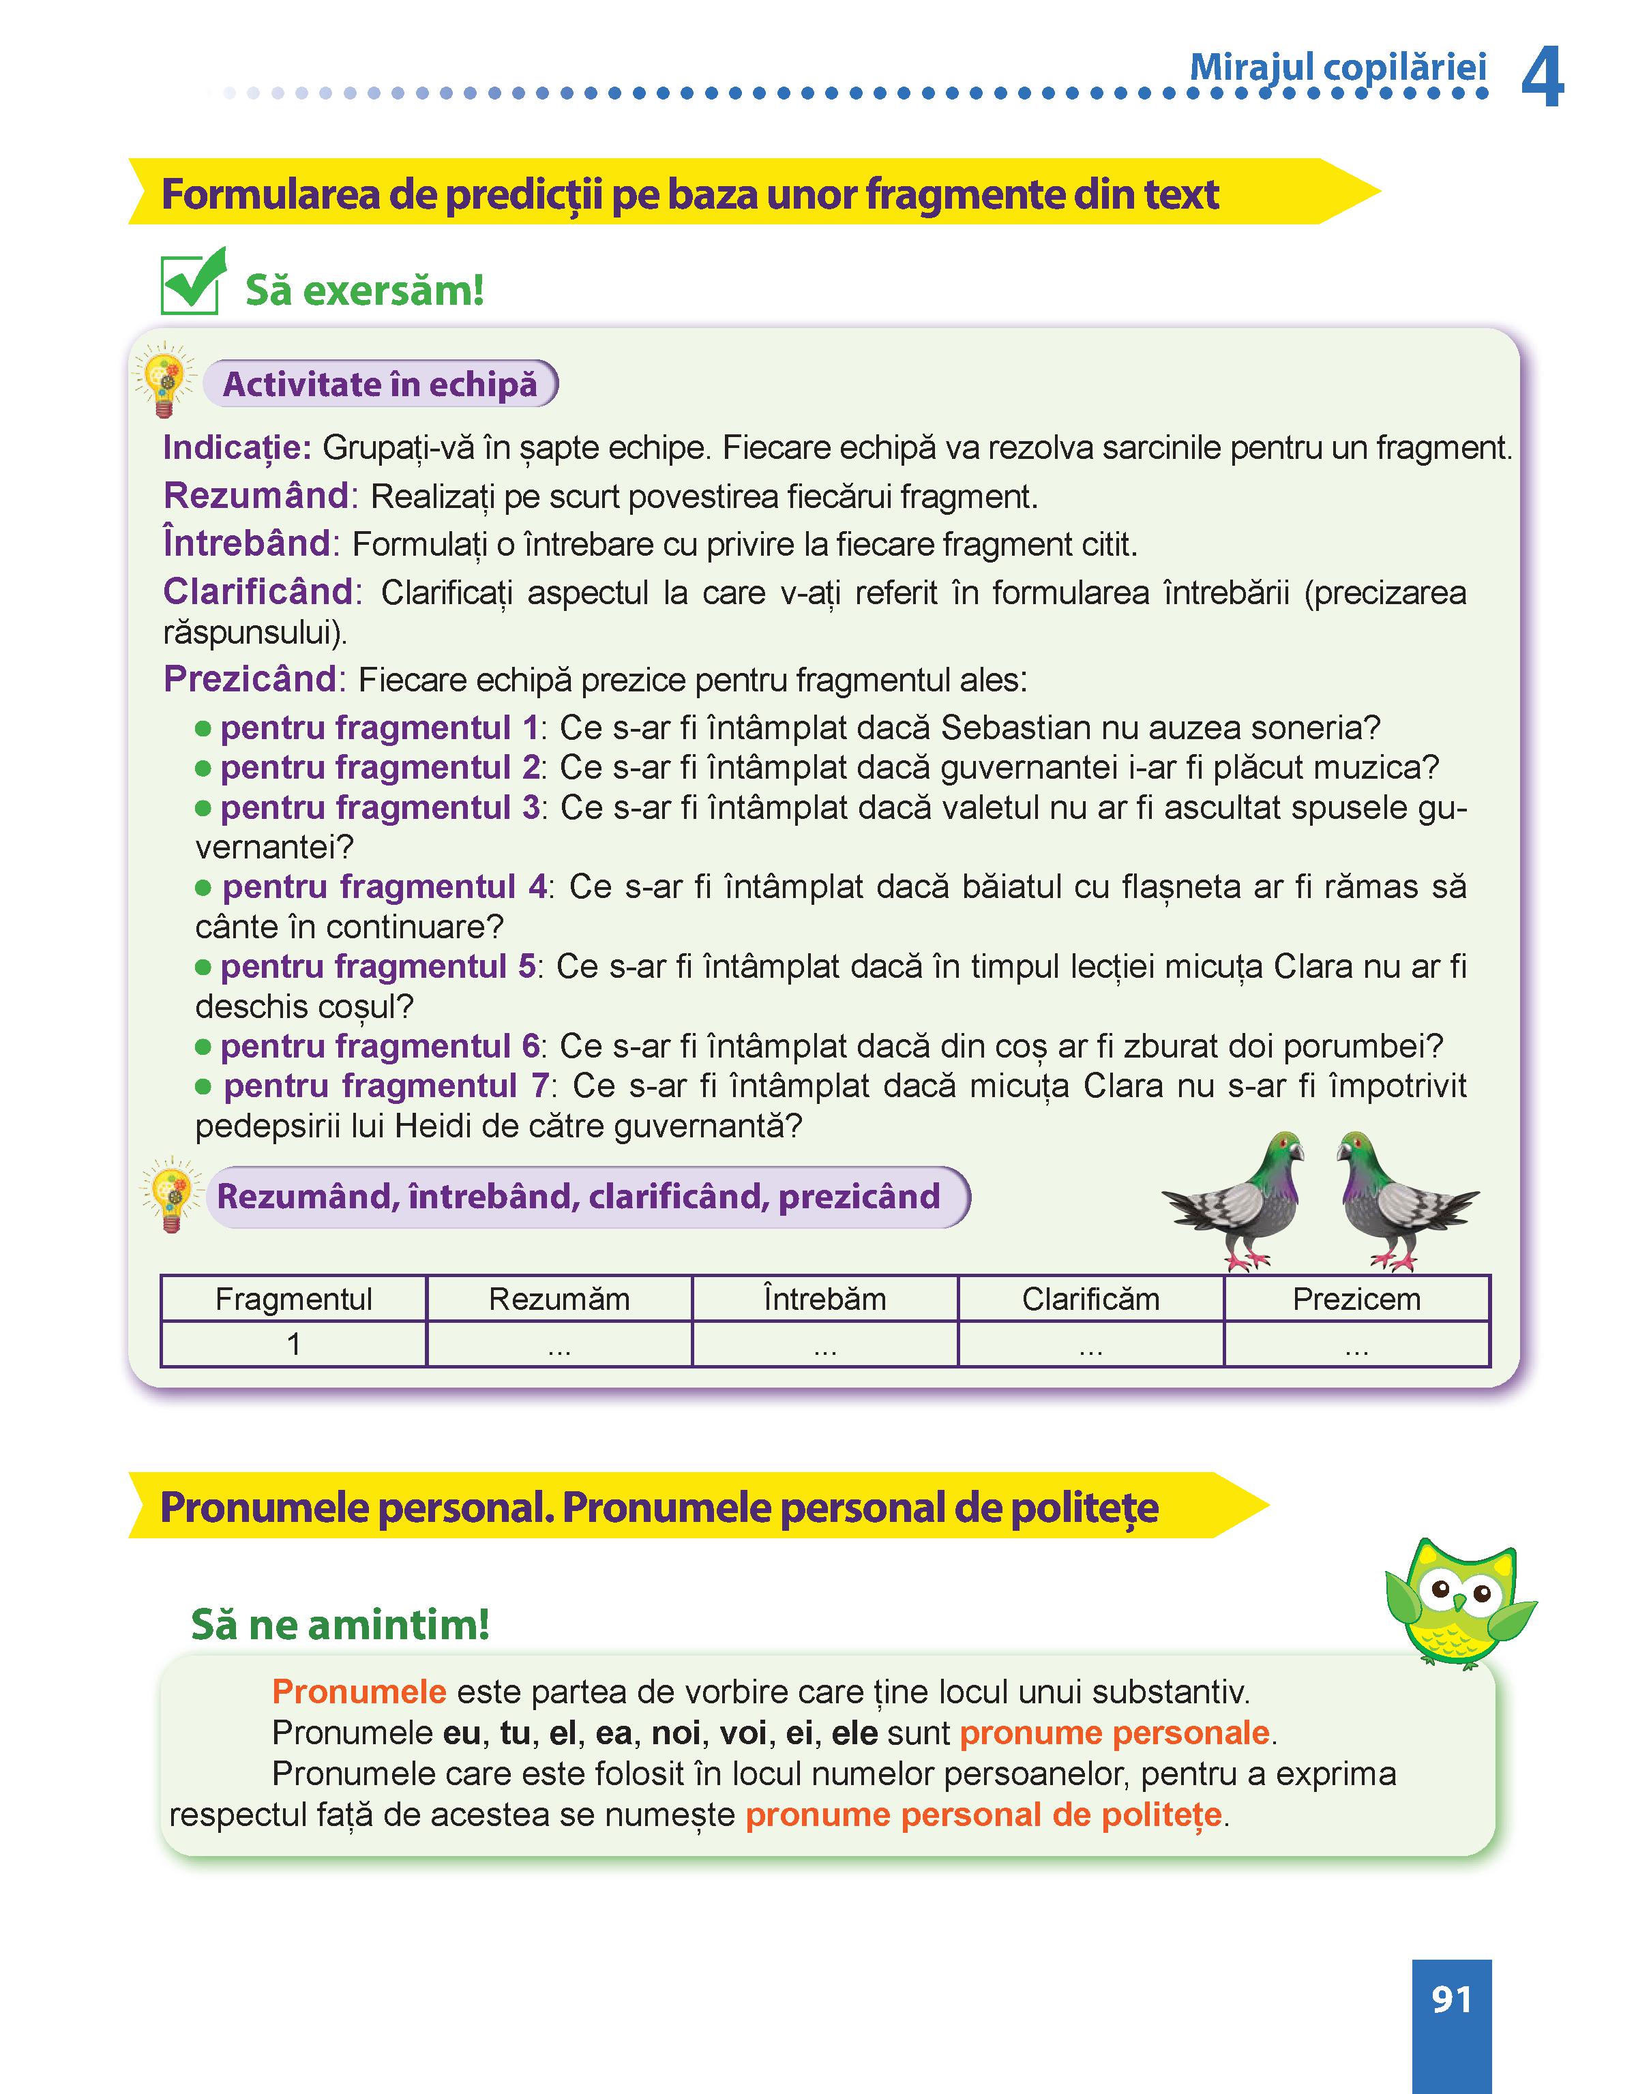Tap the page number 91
(1451, 1999)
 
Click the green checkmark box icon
(192, 282)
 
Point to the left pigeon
(1237, 1198)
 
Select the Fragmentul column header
(294, 1299)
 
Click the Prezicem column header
(1356, 1299)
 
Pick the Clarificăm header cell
(1090, 1299)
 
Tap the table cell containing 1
(294, 1344)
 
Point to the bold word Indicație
(237, 447)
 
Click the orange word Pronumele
(359, 1691)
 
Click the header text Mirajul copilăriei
(1338, 68)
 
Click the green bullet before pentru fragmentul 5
(203, 966)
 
